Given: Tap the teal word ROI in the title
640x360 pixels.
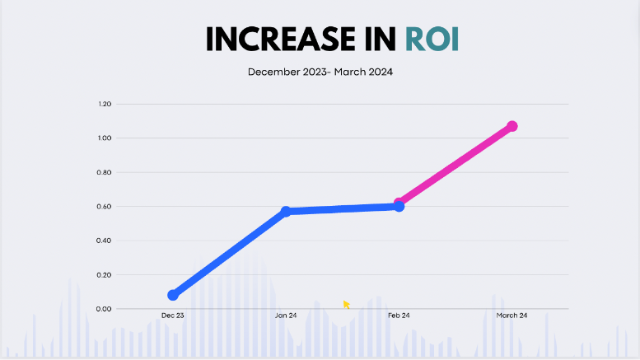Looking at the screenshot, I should (x=432, y=40).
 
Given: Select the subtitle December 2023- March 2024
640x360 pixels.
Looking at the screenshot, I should (x=320, y=72).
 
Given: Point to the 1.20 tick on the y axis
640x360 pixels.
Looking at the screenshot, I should (x=104, y=105).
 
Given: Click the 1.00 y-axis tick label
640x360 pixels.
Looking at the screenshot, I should (x=104, y=138).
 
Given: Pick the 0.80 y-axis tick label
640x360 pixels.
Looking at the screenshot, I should (x=104, y=173).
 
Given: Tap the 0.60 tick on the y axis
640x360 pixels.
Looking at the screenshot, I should (x=104, y=207).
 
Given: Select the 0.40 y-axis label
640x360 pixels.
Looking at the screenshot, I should (x=104, y=241).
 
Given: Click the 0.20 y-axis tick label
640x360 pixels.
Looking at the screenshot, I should (x=104, y=275).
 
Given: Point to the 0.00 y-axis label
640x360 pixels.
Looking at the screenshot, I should (x=104, y=309).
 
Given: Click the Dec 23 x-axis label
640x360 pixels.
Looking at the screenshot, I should (x=173, y=316).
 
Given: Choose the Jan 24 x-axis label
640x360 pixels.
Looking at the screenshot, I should (x=286, y=316).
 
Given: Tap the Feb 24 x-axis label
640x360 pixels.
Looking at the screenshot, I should (x=399, y=316).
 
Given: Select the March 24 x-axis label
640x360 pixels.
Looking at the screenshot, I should (x=512, y=316).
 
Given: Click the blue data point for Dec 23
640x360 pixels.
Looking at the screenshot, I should (x=173, y=295).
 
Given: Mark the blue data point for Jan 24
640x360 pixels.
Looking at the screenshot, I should (x=286, y=212).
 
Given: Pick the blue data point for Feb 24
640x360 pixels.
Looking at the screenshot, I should (x=399, y=206).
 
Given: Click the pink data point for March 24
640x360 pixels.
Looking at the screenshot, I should (x=512, y=126).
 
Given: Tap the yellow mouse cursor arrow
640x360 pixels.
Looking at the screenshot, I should (x=347, y=305).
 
